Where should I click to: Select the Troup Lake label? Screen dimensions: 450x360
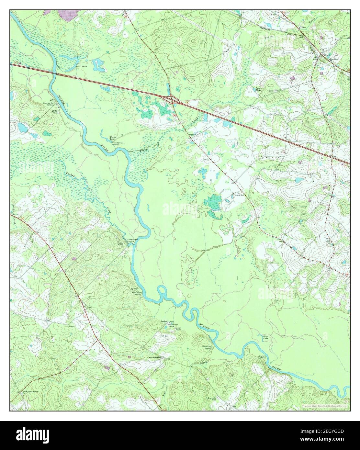(113, 138)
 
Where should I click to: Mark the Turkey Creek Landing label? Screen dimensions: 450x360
(130, 240)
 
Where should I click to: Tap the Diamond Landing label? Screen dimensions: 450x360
(262, 356)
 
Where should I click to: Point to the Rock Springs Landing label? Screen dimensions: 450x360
(173, 325)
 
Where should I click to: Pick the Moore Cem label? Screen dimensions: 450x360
(239, 196)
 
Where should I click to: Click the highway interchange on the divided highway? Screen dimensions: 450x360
(170, 99)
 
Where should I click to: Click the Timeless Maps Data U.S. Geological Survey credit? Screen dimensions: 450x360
(324, 406)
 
